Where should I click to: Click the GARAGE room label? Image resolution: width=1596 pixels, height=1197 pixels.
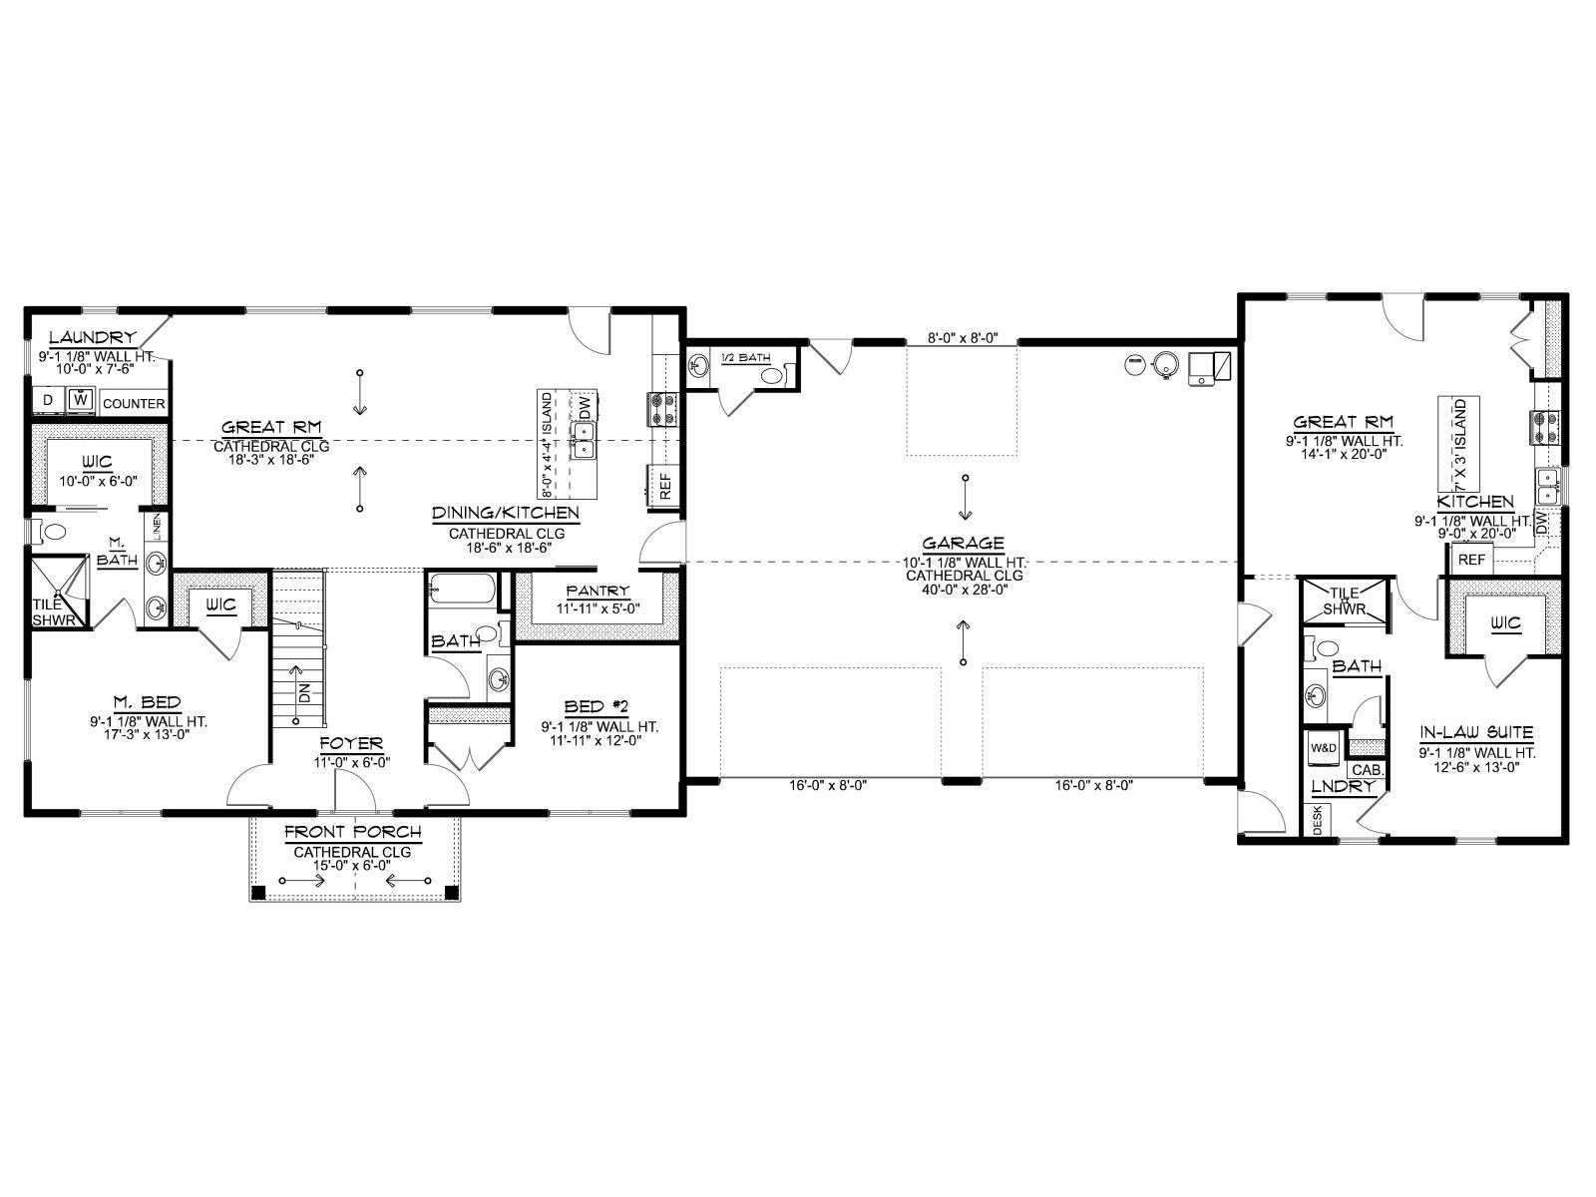964,543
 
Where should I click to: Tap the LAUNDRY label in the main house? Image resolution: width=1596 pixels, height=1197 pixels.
93,337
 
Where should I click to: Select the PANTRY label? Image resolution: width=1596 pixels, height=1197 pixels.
598,592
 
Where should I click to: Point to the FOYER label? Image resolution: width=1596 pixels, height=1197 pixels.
351,743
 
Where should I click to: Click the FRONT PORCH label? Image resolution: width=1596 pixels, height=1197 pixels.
353,832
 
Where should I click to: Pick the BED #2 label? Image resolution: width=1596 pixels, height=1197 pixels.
597,706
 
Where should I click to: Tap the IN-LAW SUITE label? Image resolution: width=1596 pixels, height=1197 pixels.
1476,732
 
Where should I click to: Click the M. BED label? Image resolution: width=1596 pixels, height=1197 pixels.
148,702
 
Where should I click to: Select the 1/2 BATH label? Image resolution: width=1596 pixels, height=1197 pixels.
746,357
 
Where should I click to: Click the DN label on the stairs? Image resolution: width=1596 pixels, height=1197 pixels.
304,693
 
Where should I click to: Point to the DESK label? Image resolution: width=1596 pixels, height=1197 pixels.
1319,820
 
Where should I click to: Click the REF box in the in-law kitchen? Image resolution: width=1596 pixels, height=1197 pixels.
1471,560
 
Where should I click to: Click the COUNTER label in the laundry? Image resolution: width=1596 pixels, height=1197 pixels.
134,404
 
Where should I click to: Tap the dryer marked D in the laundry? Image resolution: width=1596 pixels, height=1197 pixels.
49,400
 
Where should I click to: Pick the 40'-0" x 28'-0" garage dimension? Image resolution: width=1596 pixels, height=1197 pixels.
965,590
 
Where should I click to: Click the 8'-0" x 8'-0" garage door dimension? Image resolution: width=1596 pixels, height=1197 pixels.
962,338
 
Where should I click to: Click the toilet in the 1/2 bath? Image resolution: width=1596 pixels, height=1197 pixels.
772,375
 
